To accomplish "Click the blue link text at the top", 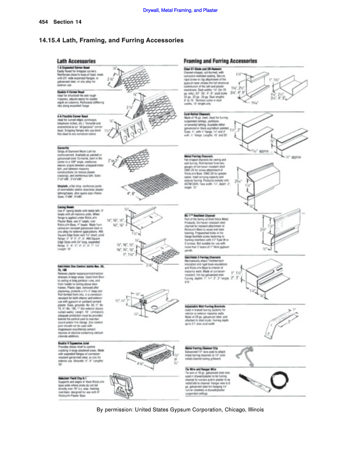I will click(x=180, y=10).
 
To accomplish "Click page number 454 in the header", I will click(x=44, y=22).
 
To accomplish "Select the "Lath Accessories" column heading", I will click(x=76, y=61).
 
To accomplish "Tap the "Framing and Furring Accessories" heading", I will click(x=220, y=61).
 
